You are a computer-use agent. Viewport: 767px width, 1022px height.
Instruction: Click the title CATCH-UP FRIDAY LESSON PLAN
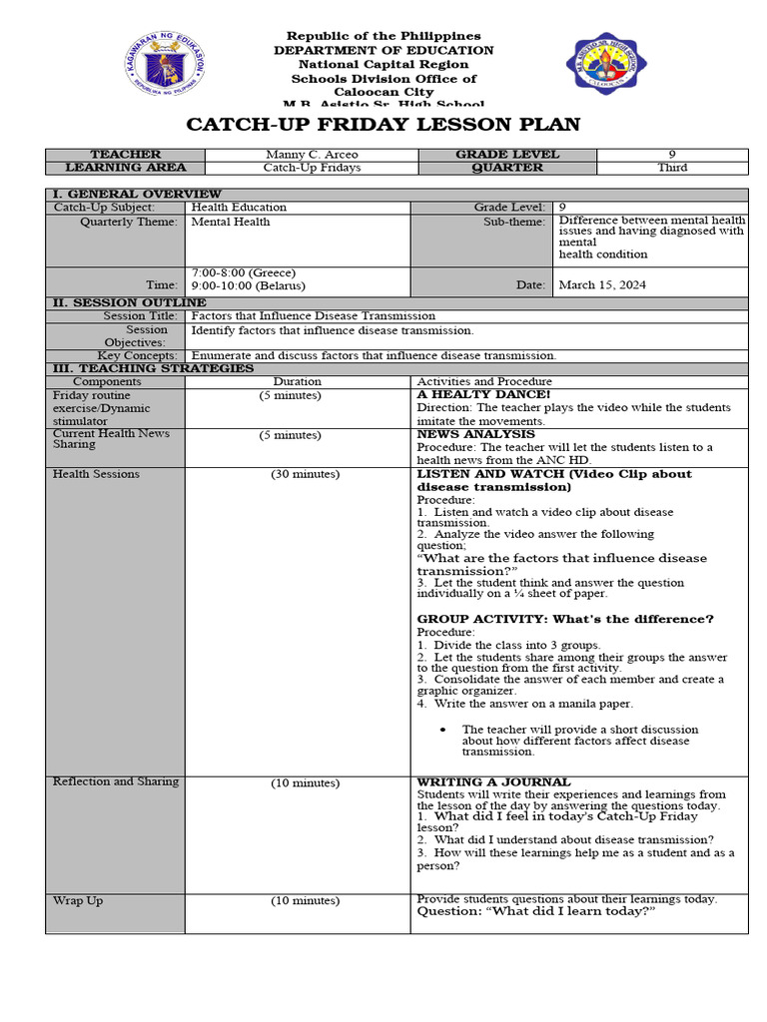pos(383,125)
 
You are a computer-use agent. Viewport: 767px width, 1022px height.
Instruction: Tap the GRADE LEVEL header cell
pos(507,155)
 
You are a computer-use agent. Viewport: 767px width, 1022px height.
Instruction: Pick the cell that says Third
pos(671,168)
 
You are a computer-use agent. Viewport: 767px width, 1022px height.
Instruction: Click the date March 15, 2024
pos(602,284)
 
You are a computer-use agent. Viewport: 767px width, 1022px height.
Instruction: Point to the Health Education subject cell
pos(239,208)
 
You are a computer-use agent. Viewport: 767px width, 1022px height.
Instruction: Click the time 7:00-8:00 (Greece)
pos(243,272)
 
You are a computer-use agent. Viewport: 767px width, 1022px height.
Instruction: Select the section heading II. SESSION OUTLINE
pos(129,302)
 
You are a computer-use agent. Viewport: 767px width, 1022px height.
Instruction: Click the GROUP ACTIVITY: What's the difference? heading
pos(565,619)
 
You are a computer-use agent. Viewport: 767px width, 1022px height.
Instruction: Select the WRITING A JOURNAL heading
pos(493,781)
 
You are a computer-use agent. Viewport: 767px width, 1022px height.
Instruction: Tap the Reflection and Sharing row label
pos(116,781)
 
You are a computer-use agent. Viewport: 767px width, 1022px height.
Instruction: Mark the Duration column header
pos(298,381)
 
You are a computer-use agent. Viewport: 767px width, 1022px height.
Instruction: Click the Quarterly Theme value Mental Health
pos(231,222)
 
